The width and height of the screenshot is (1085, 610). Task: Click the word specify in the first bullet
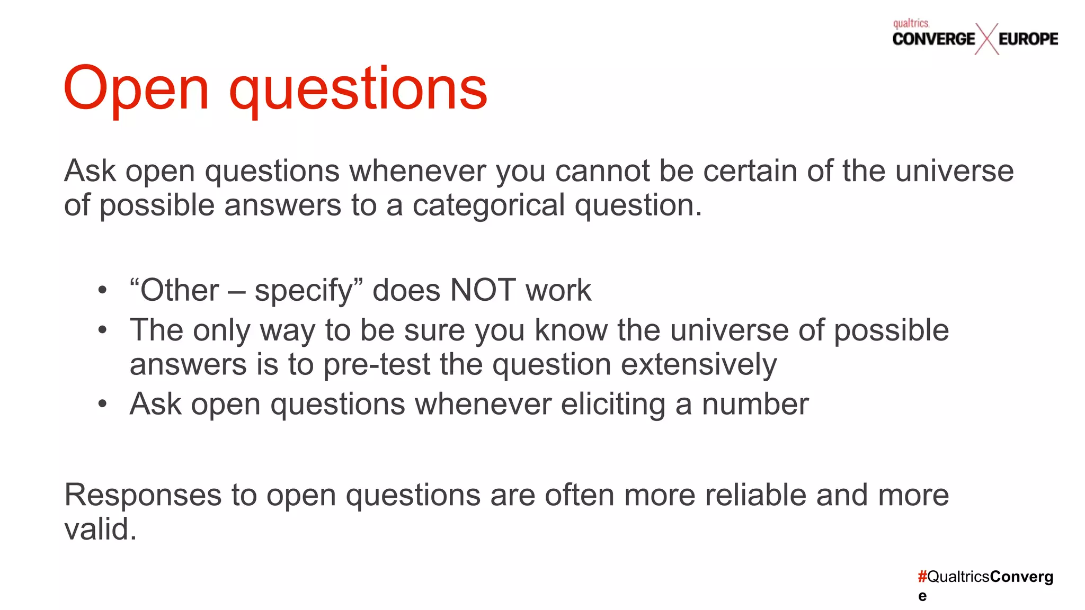click(304, 291)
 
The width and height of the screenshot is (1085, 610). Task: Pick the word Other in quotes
click(179, 290)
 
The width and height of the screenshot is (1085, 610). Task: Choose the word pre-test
click(377, 364)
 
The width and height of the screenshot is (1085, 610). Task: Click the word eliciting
click(613, 404)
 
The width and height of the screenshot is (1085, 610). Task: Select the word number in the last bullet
click(755, 404)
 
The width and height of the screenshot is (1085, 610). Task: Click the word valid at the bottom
click(100, 529)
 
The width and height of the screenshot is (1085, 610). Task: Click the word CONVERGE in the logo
click(933, 39)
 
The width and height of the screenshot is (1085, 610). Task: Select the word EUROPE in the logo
click(1028, 39)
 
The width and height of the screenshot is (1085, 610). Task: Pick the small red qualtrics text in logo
click(911, 23)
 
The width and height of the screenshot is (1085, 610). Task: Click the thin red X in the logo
click(986, 39)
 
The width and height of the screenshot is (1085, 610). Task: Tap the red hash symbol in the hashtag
click(922, 577)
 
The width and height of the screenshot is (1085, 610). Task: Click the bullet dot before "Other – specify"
click(102, 290)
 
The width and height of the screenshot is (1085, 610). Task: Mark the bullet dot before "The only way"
click(102, 330)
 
